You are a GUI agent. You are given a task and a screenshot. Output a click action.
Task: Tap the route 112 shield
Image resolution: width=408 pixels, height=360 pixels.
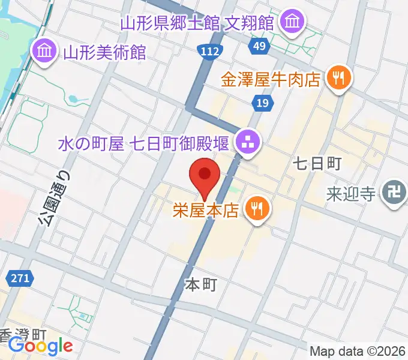click(209, 52)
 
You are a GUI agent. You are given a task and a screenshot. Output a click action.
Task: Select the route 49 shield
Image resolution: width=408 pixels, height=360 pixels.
click(259, 46)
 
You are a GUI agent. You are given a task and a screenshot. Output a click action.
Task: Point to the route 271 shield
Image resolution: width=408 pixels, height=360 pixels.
click(20, 278)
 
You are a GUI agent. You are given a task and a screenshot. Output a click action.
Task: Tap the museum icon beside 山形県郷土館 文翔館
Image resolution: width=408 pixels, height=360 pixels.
click(293, 22)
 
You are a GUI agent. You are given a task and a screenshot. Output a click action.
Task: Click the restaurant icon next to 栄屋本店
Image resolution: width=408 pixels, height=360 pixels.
click(259, 209)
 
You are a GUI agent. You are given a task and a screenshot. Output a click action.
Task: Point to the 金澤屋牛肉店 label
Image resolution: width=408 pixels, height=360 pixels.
click(271, 80)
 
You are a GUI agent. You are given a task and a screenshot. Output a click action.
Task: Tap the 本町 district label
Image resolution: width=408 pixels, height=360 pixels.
click(200, 284)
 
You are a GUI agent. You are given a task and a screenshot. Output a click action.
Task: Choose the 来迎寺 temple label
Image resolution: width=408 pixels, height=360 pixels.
click(352, 194)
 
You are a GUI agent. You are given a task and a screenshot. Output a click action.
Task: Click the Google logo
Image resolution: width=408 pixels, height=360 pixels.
click(40, 346)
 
